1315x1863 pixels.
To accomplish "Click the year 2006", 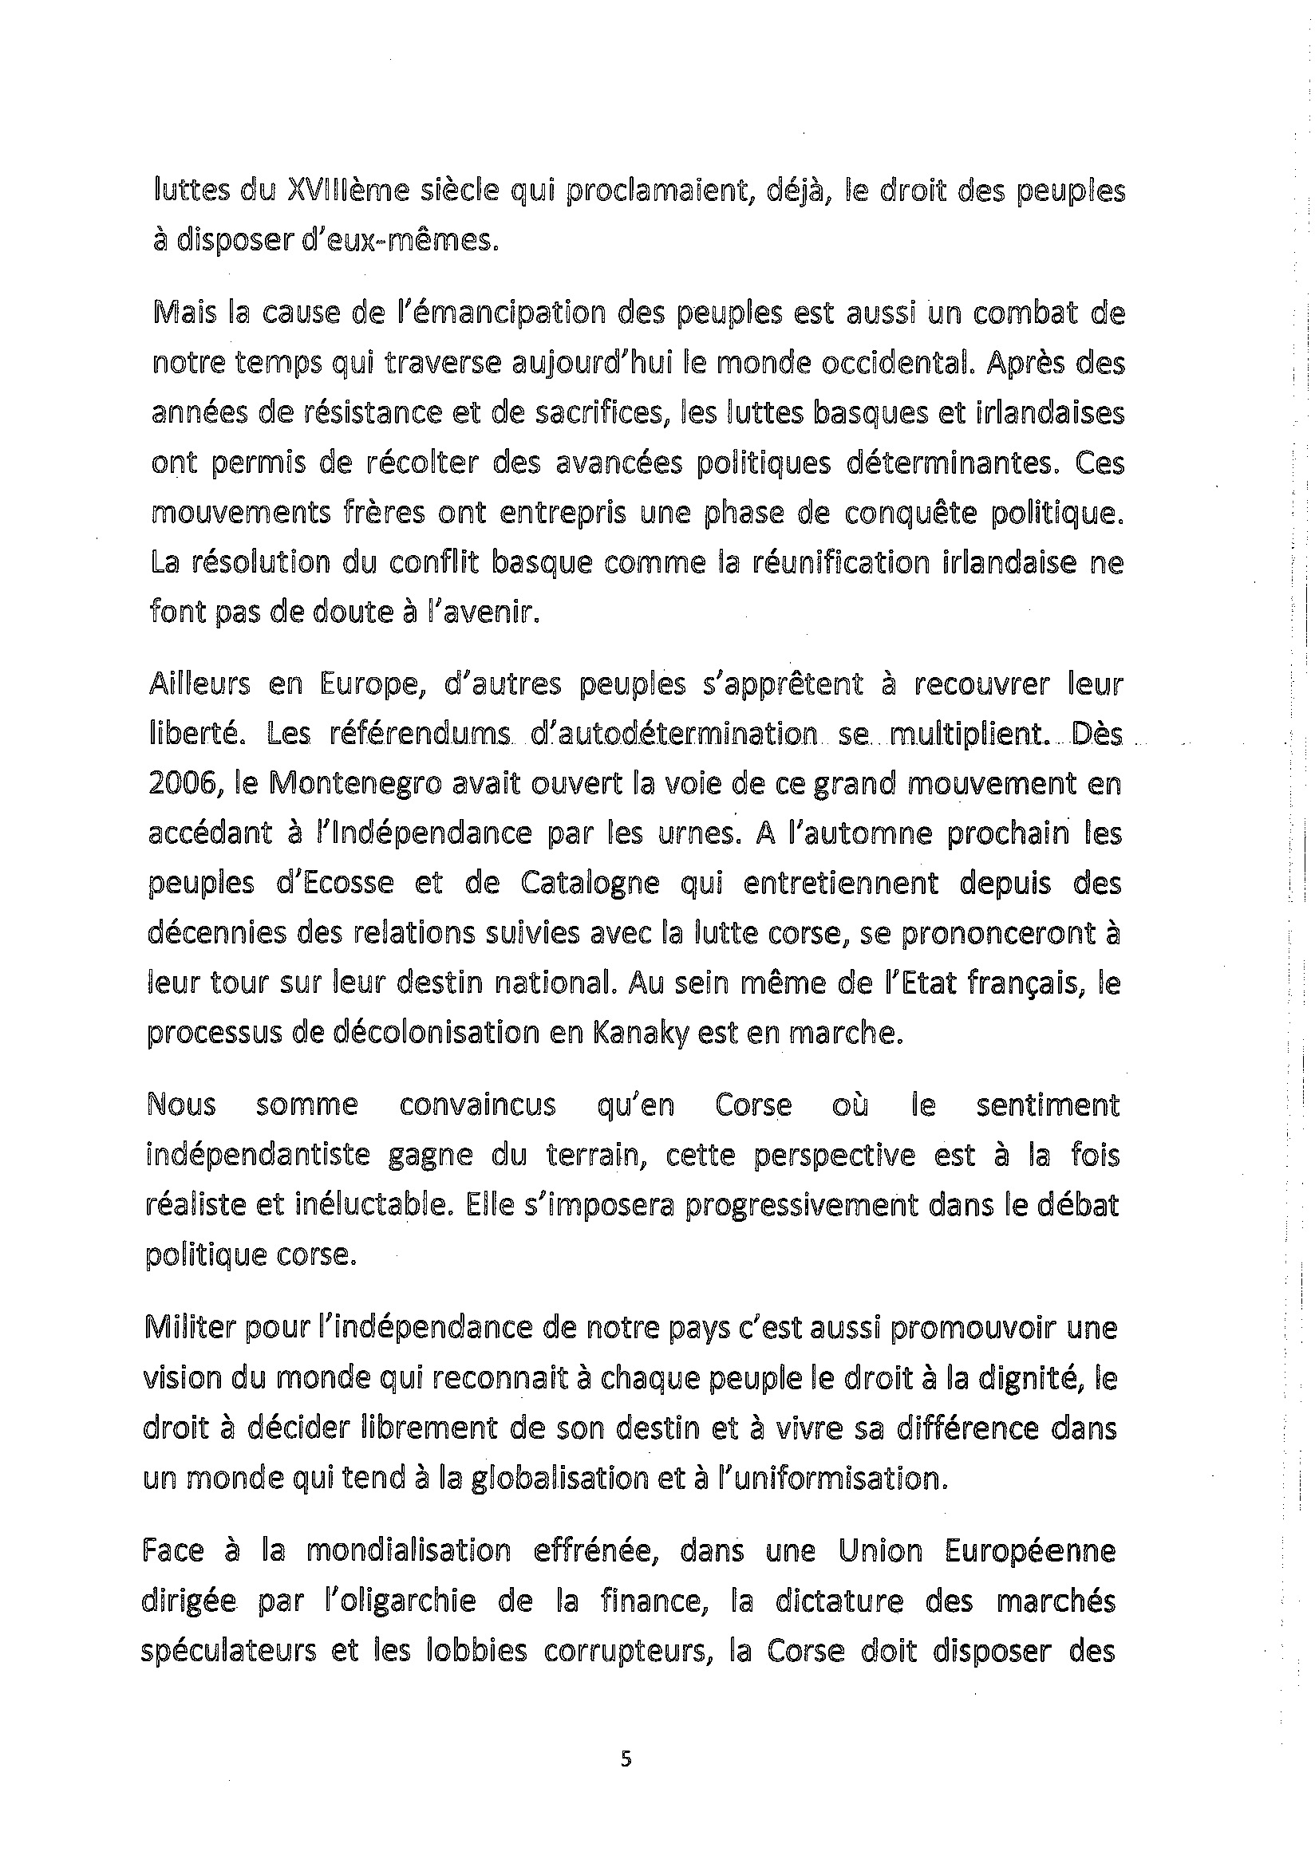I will click(180, 785).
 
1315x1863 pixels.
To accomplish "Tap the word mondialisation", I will click(409, 1550).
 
